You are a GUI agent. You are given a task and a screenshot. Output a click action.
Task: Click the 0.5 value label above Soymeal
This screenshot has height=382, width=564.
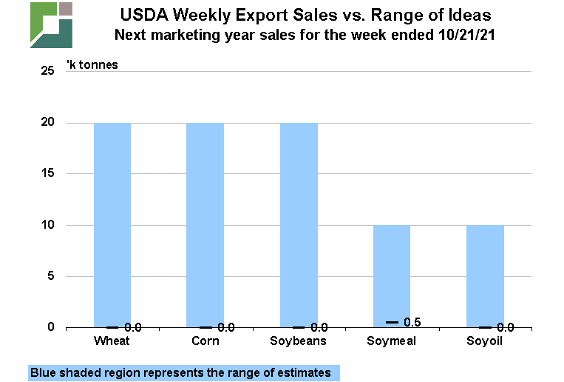(412, 322)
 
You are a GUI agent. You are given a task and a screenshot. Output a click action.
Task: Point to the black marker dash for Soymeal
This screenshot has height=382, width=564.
(392, 322)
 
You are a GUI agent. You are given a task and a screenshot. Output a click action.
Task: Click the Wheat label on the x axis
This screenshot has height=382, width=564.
(112, 341)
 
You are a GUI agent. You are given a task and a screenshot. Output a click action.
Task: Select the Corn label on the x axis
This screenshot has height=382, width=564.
(205, 341)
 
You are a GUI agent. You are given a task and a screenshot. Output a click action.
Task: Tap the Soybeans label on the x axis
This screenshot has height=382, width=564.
(299, 341)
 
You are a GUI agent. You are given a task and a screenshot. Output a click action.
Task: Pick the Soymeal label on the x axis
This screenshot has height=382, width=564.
(391, 341)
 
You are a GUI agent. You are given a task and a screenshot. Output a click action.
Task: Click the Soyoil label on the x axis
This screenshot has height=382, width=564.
(485, 341)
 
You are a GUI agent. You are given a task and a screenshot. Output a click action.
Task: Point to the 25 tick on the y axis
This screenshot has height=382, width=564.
(48, 71)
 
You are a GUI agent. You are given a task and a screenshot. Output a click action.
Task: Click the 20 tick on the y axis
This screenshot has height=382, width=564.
(48, 122)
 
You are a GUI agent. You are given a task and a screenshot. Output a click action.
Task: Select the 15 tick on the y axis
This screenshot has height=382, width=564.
(48, 173)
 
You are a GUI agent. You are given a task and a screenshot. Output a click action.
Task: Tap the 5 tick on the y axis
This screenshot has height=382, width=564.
(51, 276)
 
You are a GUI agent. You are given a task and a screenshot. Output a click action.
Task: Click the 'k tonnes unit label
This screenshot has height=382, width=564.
(92, 64)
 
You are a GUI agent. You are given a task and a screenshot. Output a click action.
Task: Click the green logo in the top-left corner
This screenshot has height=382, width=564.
(51, 24)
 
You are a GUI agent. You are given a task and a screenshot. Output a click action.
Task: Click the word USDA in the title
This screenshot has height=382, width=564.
(143, 15)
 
